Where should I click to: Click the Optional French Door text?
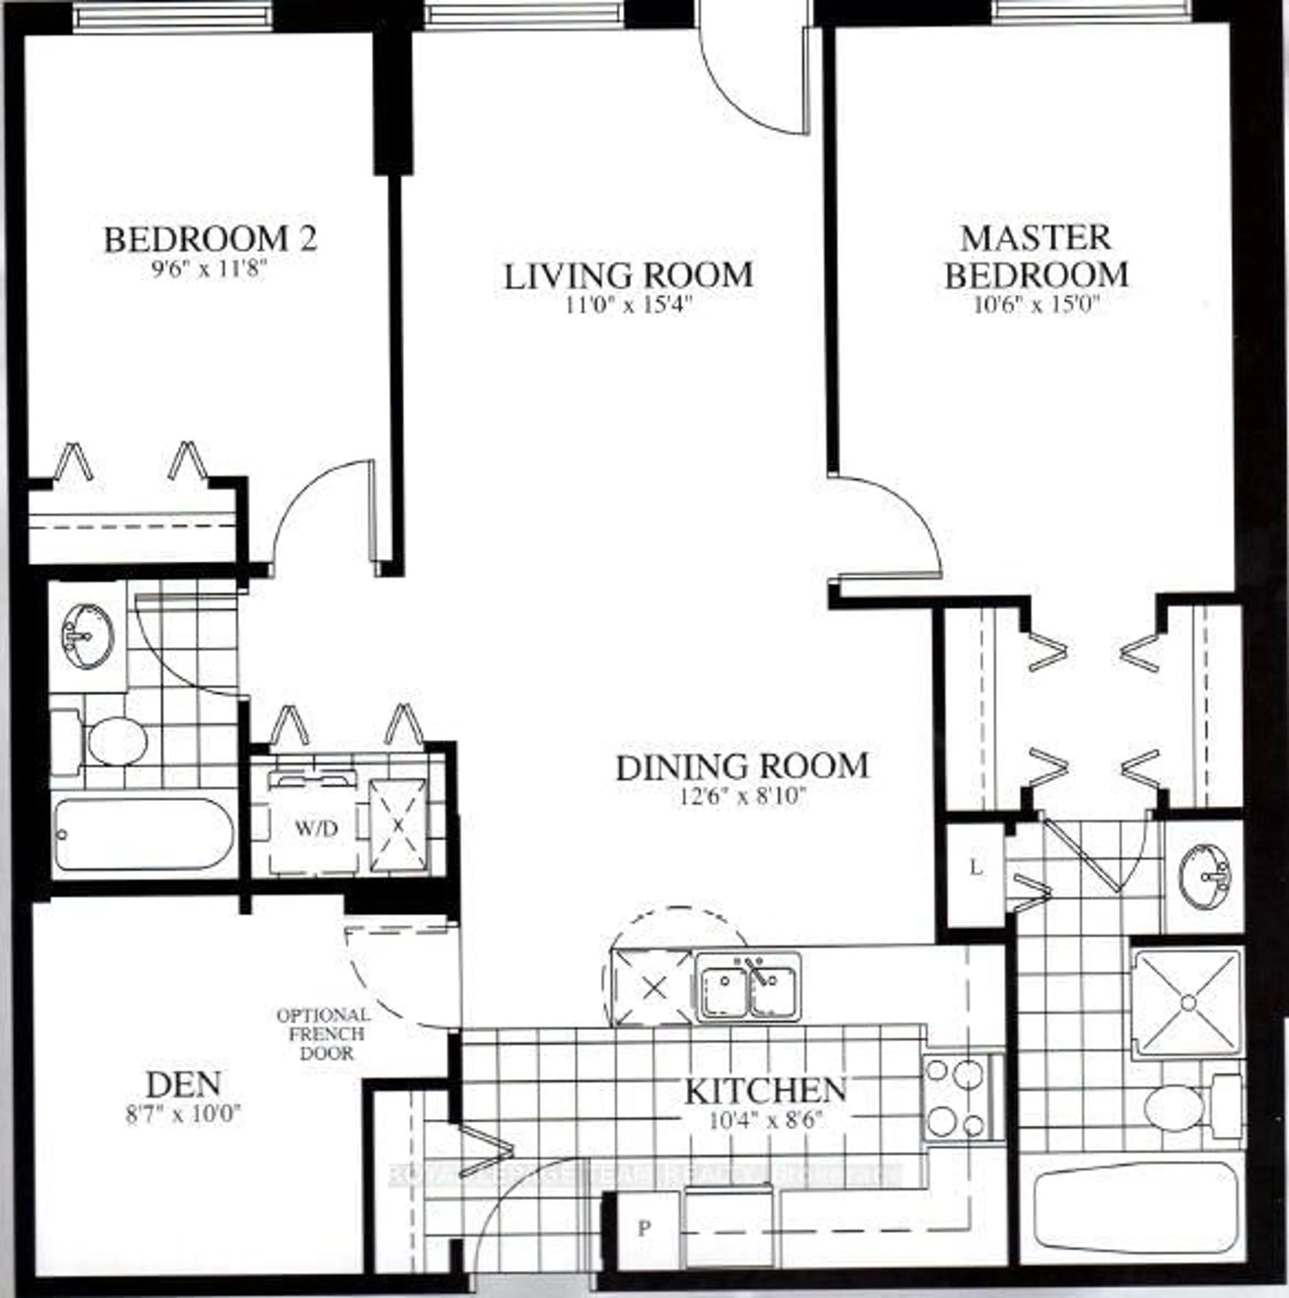click(323, 1034)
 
